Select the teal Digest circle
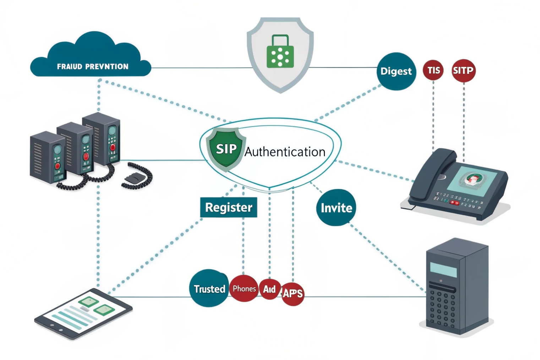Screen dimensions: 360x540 click(396, 71)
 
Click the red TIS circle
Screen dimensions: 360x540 click(433, 70)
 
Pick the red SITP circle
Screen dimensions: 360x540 click(463, 71)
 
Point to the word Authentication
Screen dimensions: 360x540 click(285, 152)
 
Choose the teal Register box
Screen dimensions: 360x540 click(229, 207)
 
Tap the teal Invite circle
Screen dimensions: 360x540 click(336, 208)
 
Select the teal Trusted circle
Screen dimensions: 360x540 click(209, 289)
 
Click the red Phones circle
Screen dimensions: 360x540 click(244, 289)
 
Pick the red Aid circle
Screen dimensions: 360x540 click(269, 289)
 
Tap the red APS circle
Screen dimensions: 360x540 click(293, 293)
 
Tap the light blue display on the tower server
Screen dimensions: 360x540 click(443, 269)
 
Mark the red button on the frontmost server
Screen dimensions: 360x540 click(58, 166)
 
